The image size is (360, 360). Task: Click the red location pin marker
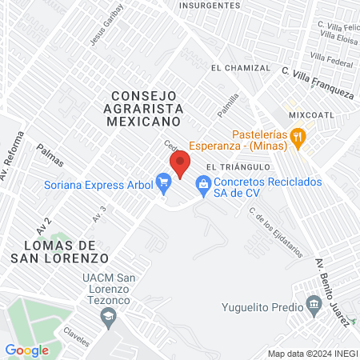click(x=181, y=163)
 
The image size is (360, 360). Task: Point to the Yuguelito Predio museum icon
click(x=313, y=305)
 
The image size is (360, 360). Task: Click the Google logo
click(x=26, y=350)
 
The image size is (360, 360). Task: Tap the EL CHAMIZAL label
click(x=237, y=69)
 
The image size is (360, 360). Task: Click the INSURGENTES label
click(x=210, y=5)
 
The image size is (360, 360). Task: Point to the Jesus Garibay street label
click(x=108, y=25)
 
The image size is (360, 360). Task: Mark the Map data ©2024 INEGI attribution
click(x=311, y=354)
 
